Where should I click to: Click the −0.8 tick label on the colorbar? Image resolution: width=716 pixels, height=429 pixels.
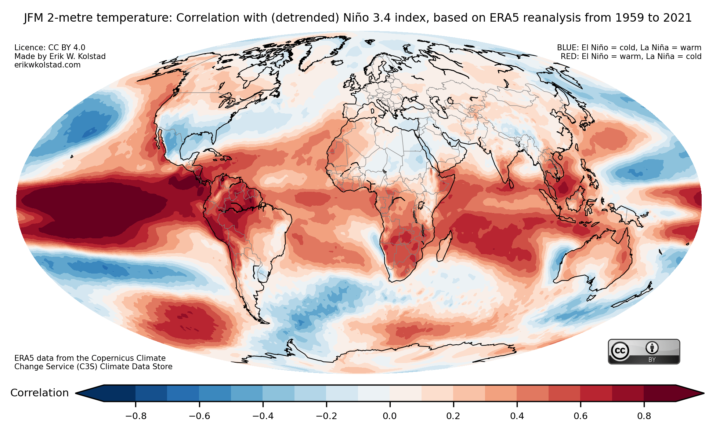pyautogui.click(x=136, y=416)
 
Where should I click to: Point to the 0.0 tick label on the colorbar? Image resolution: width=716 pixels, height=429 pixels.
pyautogui.click(x=390, y=416)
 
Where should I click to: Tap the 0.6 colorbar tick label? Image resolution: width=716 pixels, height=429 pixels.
pyautogui.click(x=581, y=416)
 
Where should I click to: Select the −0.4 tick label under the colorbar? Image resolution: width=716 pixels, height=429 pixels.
pyautogui.click(x=263, y=416)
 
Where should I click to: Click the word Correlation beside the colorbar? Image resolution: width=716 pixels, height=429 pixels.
pyautogui.click(x=40, y=393)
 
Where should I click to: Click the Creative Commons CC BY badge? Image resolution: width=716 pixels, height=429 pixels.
pyautogui.click(x=644, y=352)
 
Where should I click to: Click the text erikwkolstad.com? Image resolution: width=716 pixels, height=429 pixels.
pyautogui.click(x=47, y=65)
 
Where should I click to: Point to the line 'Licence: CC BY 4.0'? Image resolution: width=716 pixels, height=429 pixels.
pyautogui.click(x=50, y=48)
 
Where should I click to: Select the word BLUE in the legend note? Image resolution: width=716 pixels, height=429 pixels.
pyautogui.click(x=568, y=48)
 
